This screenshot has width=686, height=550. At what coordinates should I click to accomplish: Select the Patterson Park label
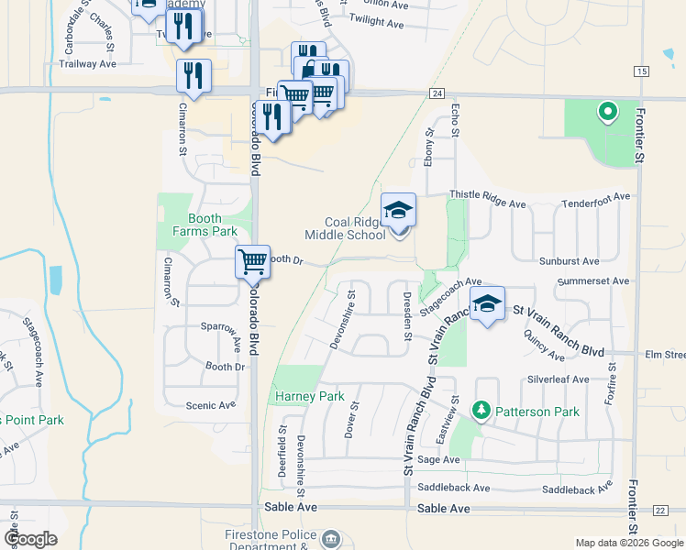537,412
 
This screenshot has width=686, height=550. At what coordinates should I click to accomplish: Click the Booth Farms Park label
199,225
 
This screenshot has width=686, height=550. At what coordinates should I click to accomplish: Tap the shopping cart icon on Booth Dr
252,262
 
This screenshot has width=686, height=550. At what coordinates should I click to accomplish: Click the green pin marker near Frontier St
606,113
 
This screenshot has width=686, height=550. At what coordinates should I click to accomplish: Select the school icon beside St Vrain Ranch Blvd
488,305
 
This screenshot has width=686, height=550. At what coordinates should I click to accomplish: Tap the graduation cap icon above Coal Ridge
398,211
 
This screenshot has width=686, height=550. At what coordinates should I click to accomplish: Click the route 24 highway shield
437,93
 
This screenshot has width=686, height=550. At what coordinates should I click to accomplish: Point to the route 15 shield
640,71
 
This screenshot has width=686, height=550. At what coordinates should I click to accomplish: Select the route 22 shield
660,510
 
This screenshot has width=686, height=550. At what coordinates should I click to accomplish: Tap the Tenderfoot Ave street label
596,196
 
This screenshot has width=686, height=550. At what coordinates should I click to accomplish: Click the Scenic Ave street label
210,405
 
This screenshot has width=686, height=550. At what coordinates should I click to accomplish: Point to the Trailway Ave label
87,64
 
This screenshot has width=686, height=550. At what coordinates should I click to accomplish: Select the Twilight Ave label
377,21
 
